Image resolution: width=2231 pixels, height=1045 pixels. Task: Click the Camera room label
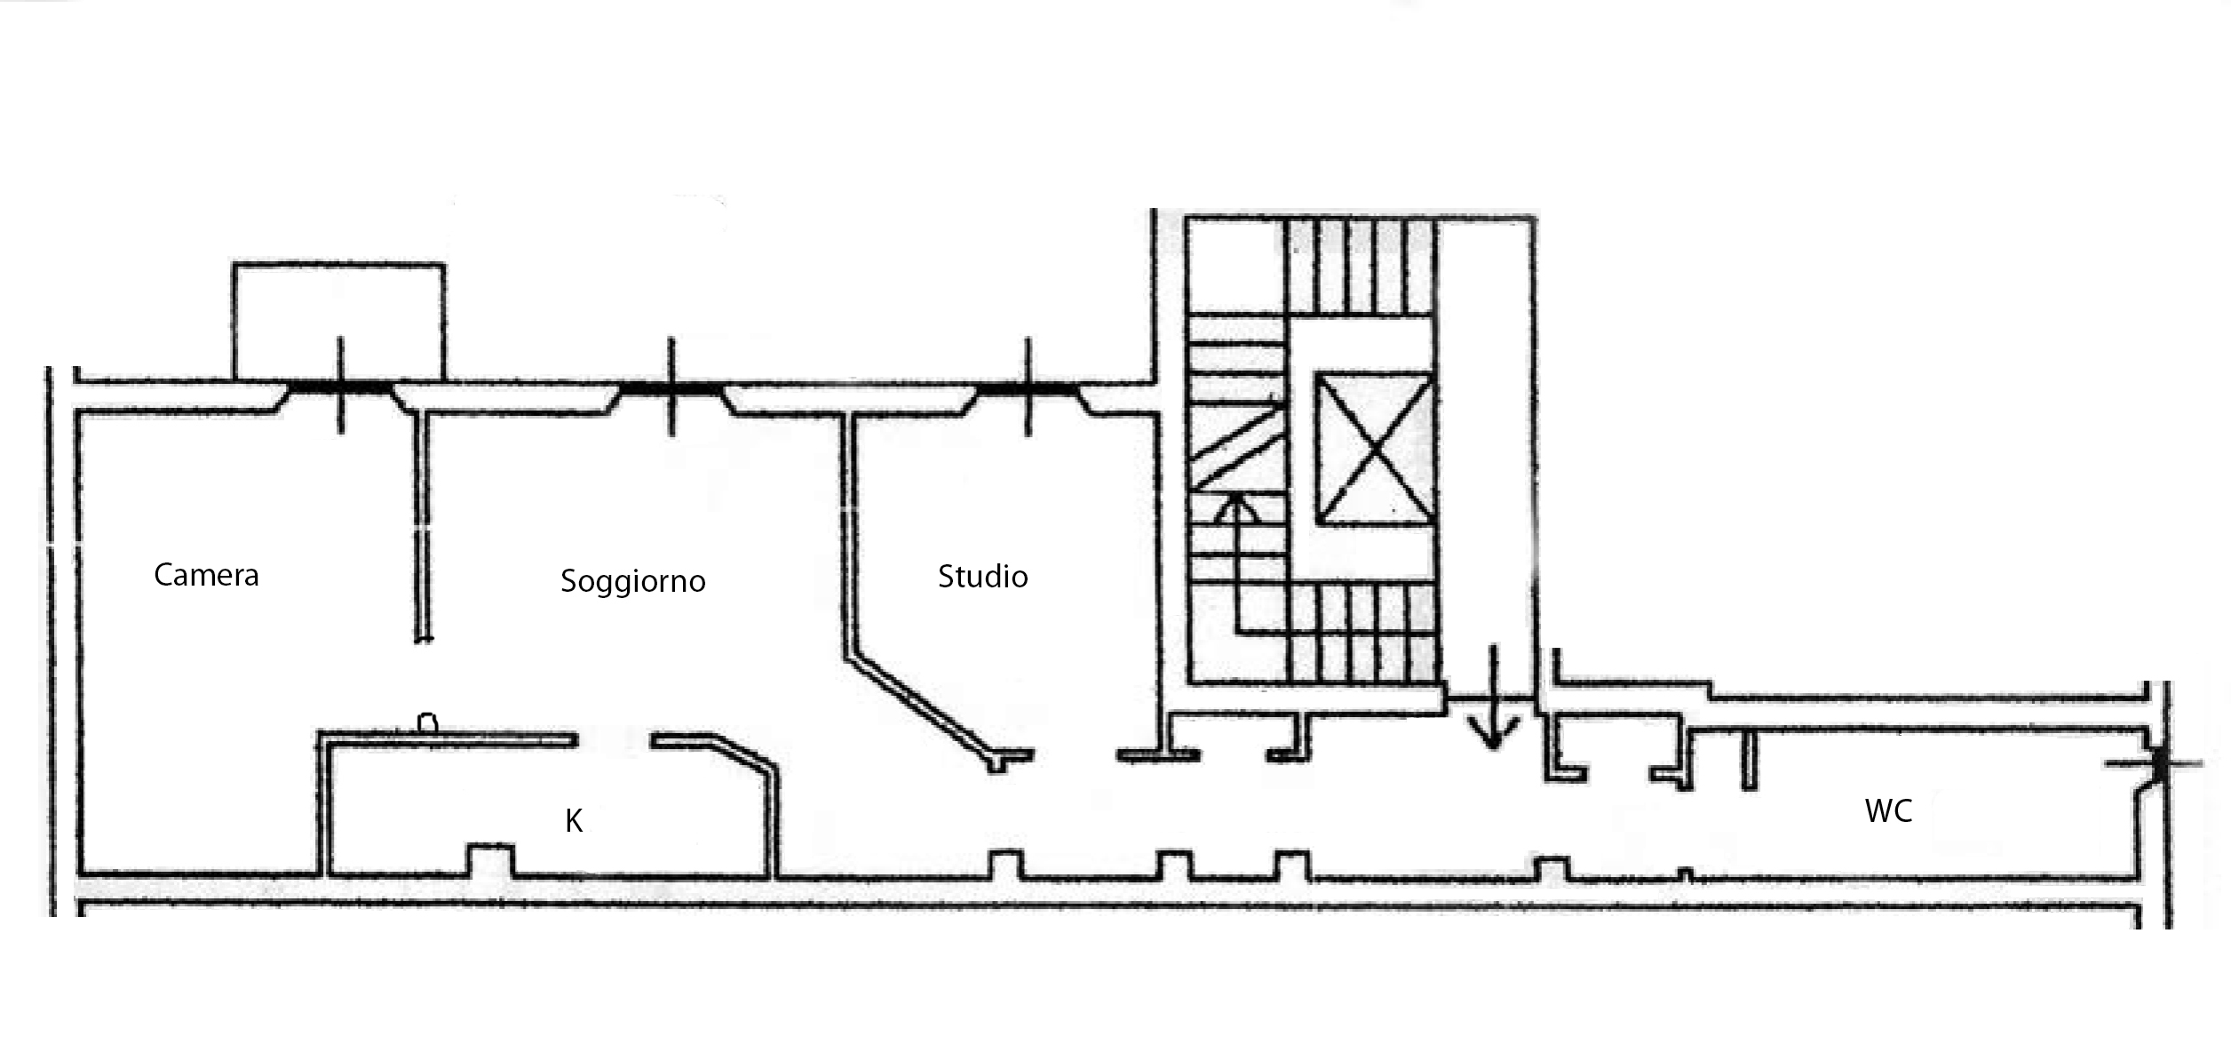tap(206, 575)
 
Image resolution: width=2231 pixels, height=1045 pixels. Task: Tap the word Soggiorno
tap(633, 582)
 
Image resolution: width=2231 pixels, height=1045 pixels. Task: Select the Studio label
tap(983, 577)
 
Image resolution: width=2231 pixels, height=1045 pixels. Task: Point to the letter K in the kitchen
tap(575, 821)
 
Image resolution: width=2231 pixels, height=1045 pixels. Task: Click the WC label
tap(1888, 810)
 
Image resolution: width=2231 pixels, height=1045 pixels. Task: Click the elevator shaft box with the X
tap(1375, 449)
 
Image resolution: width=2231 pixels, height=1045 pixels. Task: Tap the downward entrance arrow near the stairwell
tap(1493, 698)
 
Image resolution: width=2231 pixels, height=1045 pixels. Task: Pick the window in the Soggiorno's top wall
tap(671, 388)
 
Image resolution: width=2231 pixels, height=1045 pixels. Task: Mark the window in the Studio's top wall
tap(1028, 388)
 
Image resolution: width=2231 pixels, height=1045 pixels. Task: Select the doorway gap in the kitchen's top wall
tap(615, 740)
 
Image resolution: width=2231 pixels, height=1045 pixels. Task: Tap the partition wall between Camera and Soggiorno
tap(424, 526)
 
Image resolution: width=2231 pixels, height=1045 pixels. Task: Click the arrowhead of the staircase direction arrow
tap(1235, 507)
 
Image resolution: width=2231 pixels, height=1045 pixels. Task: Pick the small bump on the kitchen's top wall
tap(428, 723)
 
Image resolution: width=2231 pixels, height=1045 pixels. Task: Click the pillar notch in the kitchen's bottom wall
tap(490, 859)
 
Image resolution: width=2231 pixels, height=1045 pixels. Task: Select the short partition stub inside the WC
tap(1749, 759)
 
